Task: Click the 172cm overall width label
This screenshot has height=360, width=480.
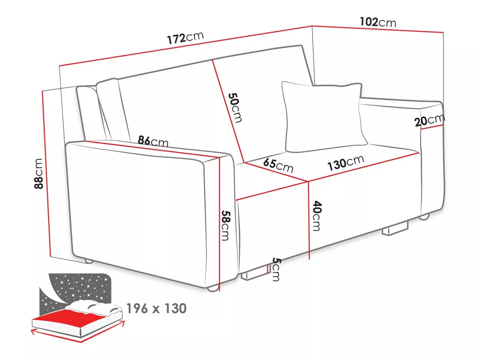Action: [x=186, y=38]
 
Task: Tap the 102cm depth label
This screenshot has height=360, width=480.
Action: [x=378, y=22]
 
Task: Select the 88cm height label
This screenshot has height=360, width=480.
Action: [x=39, y=173]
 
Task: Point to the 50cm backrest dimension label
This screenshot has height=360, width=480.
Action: [x=235, y=108]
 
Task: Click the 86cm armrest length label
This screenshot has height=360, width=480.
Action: [x=153, y=141]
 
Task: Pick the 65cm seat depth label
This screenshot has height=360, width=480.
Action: [x=278, y=165]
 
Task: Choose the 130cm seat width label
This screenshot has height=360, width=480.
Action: [x=346, y=162]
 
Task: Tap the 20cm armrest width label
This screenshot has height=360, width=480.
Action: [x=430, y=120]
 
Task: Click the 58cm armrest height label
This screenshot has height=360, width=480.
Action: [x=225, y=225]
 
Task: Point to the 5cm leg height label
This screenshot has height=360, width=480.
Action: [x=276, y=269]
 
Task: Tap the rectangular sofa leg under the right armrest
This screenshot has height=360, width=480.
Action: [x=395, y=229]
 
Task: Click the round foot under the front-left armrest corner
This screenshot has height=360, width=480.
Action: [x=213, y=288]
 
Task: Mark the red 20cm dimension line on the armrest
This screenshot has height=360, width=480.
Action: [x=432, y=127]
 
